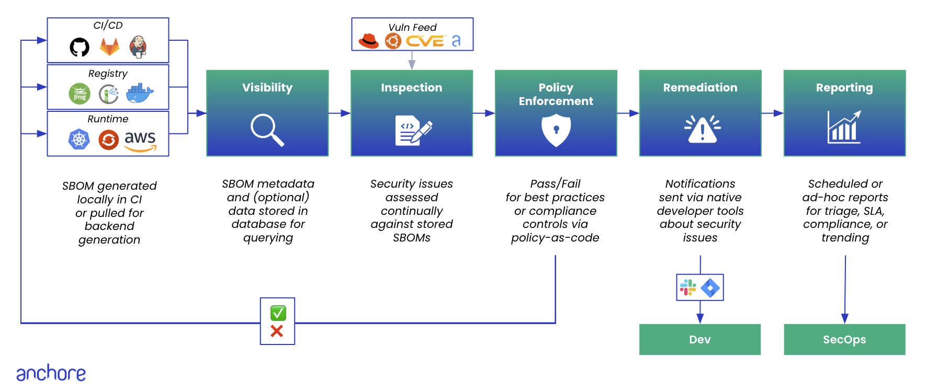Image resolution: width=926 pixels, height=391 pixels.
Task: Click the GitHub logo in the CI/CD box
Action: pyautogui.click(x=80, y=47)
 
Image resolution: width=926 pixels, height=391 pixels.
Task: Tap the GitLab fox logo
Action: pyautogui.click(x=110, y=47)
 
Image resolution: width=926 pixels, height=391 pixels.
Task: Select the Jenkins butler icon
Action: pyautogui.click(x=138, y=47)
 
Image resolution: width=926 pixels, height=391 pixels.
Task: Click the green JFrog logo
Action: pyautogui.click(x=80, y=94)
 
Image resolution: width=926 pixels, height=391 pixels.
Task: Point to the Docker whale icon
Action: pyautogui.click(x=140, y=93)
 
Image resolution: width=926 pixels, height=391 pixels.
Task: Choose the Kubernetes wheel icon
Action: pyautogui.click(x=79, y=140)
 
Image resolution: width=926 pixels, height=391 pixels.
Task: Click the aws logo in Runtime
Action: pyautogui.click(x=140, y=141)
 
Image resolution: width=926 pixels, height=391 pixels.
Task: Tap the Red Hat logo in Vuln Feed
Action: pyautogui.click(x=368, y=41)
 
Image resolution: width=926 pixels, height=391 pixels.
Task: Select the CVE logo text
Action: pyautogui.click(x=425, y=41)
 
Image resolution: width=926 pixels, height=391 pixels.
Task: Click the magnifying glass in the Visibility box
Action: pyautogui.click(x=267, y=130)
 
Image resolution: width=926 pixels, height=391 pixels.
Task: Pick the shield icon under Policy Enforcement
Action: pyautogui.click(x=556, y=130)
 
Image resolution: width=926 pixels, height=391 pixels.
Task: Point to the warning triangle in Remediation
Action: pyautogui.click(x=702, y=129)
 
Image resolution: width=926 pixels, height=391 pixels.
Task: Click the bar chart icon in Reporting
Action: pyautogui.click(x=844, y=128)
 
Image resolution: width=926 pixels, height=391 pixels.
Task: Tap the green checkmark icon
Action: pyautogui.click(x=278, y=313)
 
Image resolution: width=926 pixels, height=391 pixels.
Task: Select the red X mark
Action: pyautogui.click(x=277, y=331)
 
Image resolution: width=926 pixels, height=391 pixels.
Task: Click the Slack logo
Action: pyautogui.click(x=687, y=287)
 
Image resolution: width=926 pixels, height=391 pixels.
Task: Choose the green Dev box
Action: pyautogui.click(x=699, y=339)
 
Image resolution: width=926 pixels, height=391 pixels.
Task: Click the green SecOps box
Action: pyautogui.click(x=844, y=339)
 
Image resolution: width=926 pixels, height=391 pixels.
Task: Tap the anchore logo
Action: pyautogui.click(x=51, y=373)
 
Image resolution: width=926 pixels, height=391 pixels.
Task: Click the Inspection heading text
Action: pyautogui.click(x=411, y=88)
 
